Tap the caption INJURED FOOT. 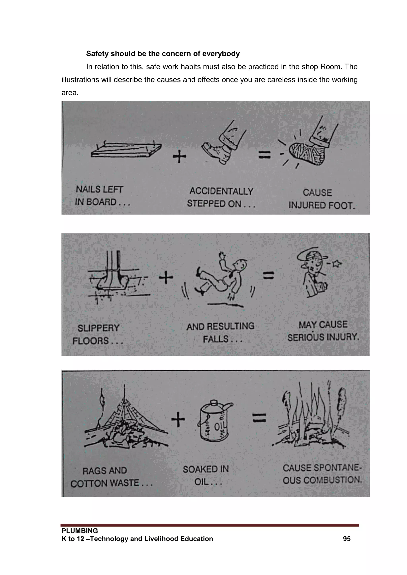[x=322, y=206]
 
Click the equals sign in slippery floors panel [x=268, y=276]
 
